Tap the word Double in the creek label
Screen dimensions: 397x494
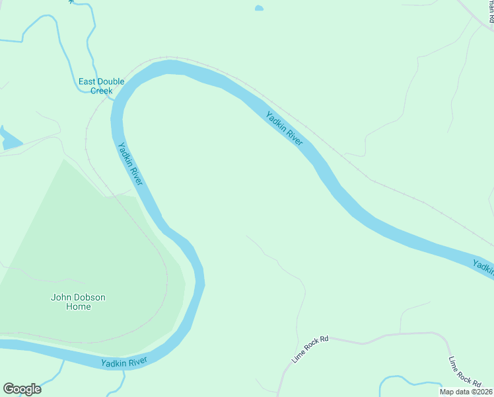point(112,82)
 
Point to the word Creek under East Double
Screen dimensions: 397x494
point(101,91)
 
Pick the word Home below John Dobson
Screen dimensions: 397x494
point(78,307)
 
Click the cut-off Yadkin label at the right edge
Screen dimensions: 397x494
point(483,267)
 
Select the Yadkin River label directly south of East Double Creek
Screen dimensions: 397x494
point(130,164)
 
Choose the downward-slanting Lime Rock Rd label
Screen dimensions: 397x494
point(464,371)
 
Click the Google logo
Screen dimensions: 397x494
point(22,389)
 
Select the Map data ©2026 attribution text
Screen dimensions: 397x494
point(466,392)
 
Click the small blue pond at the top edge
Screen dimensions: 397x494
point(259,9)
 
